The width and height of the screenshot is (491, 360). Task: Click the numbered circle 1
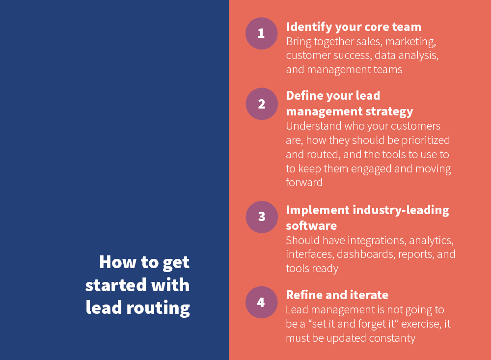point(261,33)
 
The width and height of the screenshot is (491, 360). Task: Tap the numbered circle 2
point(261,104)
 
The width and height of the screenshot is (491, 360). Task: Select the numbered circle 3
point(261,217)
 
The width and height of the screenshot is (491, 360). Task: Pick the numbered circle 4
point(261,302)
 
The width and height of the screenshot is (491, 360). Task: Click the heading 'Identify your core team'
point(354,27)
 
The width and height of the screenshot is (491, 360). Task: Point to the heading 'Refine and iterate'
point(337,295)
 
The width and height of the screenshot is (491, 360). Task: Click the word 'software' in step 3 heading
point(311,225)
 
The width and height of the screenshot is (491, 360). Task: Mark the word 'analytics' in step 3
point(431,241)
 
